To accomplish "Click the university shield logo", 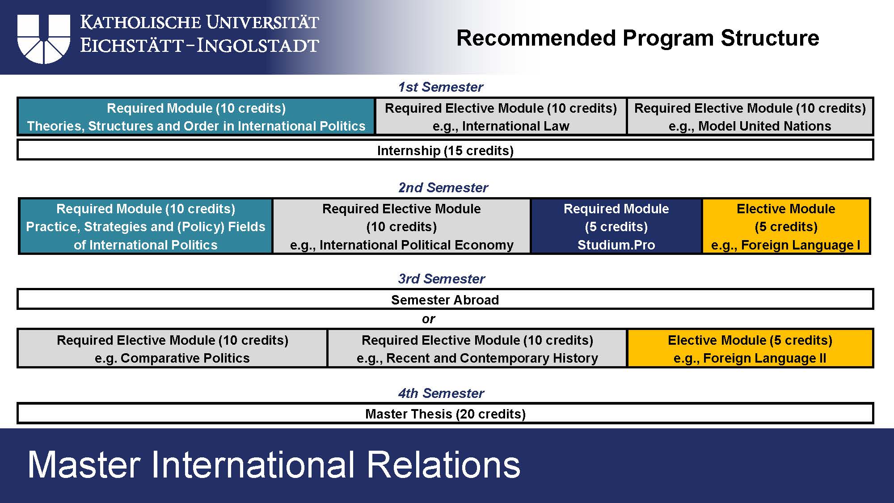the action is coord(44,39).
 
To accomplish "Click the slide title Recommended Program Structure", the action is coord(638,38).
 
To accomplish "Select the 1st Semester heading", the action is coord(441,87).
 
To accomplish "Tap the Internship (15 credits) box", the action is coord(445,150).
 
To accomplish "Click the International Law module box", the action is coord(501,117).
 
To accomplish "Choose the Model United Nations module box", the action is coord(750,117).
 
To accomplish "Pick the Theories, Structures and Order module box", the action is coord(196,117).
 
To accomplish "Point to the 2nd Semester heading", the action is coord(443,187).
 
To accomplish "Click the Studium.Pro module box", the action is coord(616,226).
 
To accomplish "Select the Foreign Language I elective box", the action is coord(786,226).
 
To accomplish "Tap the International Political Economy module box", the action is coord(401,226).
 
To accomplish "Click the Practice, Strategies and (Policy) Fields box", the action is coord(146,226).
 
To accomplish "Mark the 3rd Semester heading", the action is coord(441,279).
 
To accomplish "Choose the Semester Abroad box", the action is coord(445,299).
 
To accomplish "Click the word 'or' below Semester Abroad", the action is coord(428,319).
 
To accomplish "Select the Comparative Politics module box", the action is coord(172,348).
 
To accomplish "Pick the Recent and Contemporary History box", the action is coord(477,348).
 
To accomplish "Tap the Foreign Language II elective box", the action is coord(751,348).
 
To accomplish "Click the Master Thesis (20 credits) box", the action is coord(445,413).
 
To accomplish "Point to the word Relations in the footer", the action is coord(444,465).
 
